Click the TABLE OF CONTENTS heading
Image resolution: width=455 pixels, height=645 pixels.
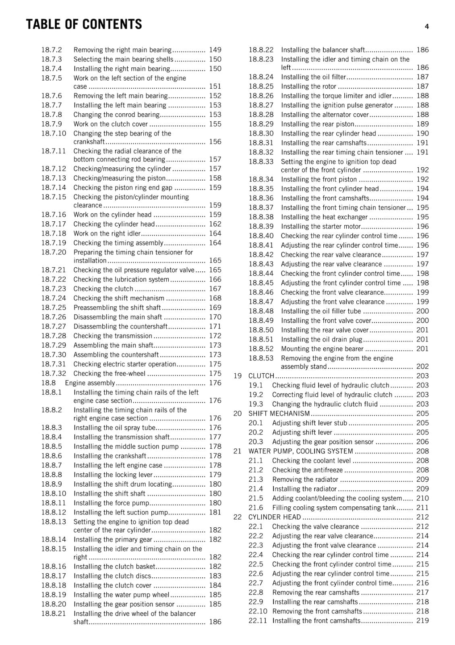click(84, 24)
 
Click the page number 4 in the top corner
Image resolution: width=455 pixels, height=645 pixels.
click(426, 27)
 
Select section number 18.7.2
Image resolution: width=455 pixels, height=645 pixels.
click(52, 50)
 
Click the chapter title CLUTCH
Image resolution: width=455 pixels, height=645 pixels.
click(261, 376)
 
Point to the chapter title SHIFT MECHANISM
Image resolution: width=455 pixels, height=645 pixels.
click(279, 414)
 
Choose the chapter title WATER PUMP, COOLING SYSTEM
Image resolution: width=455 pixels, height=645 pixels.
click(300, 451)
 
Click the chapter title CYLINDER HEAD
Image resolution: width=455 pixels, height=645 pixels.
click(274, 517)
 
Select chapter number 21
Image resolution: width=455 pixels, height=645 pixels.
click(238, 451)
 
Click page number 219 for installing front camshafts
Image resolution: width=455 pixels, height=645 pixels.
click(422, 621)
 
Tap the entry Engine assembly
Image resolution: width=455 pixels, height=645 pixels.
click(90, 383)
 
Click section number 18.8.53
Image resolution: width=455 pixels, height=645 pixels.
click(261, 358)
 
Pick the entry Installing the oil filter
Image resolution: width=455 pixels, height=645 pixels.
click(313, 77)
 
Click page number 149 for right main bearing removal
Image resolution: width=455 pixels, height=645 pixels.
click(215, 50)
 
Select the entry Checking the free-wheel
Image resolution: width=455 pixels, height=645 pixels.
click(109, 374)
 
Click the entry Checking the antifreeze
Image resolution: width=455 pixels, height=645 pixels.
click(307, 470)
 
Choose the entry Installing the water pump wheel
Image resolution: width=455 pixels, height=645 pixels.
click(121, 595)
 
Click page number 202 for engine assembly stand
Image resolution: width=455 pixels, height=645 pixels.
click(422, 366)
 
